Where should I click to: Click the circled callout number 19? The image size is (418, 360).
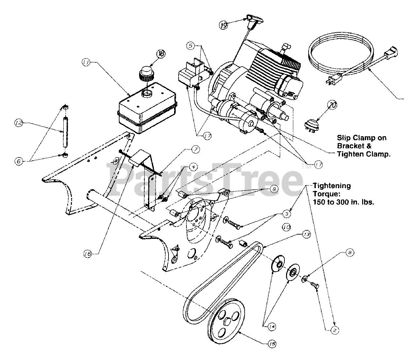tap(223, 25)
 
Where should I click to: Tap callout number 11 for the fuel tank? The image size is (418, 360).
tap(86, 63)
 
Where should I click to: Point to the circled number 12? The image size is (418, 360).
tap(18, 123)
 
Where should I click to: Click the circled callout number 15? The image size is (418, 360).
tap(272, 344)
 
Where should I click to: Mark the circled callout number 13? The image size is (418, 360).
tap(306, 234)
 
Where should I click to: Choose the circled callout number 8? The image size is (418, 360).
tap(349, 252)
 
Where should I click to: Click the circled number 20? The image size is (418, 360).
tap(332, 106)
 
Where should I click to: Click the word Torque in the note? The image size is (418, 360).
tap(325, 194)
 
